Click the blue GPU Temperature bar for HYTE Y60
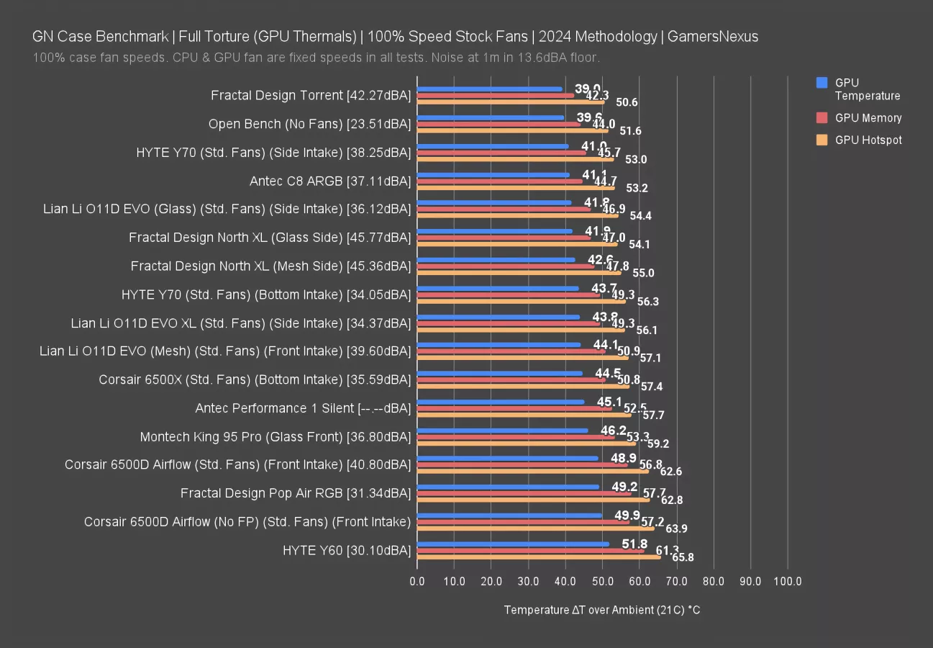pos(514,544)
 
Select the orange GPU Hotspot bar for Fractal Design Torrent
pos(511,102)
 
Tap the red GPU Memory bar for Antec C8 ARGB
pos(500,181)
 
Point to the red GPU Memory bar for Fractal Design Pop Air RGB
pos(524,493)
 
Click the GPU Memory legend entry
pos(868,118)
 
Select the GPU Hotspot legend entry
pos(868,140)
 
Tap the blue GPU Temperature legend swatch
pos(822,83)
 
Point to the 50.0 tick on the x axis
pos(602,581)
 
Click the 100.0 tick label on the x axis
pos(787,581)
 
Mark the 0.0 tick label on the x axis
pos(417,581)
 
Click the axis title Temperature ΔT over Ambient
pos(601,610)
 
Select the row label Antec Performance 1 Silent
pos(303,408)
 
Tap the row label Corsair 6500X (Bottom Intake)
pos(255,379)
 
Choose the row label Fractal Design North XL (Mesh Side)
pos(270,266)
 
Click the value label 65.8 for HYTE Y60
pos(682,557)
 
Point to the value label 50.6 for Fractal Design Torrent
pos(626,102)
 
